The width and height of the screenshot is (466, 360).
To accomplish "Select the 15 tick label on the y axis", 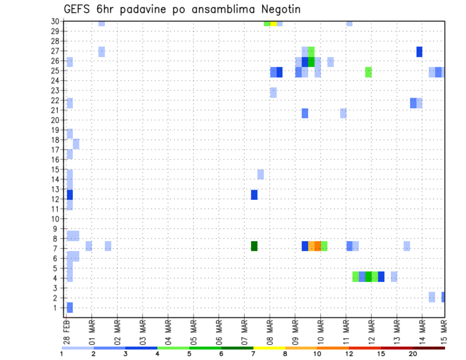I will [x=56, y=169].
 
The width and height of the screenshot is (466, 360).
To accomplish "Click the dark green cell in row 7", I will [x=254, y=246].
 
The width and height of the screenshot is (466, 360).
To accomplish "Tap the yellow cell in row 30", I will [x=273, y=23].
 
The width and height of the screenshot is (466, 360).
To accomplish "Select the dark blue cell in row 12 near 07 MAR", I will [x=254, y=195].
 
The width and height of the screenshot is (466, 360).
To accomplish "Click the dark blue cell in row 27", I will [x=419, y=51].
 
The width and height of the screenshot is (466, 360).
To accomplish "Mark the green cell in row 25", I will [x=368, y=72].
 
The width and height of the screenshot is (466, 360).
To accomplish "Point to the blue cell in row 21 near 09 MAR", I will [x=305, y=113].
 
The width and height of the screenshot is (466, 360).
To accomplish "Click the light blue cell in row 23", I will [x=273, y=92].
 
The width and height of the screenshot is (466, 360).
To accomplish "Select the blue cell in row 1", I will [x=70, y=307].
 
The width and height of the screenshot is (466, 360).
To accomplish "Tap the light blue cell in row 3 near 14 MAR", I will [x=432, y=297].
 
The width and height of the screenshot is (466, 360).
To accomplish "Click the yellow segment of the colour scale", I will [x=269, y=348].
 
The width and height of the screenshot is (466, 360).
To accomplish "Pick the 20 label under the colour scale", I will [x=413, y=354].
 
